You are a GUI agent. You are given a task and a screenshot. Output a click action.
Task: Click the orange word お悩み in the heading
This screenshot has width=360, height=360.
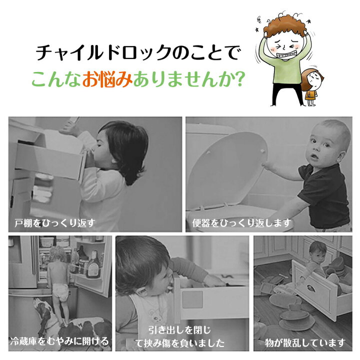[107, 79]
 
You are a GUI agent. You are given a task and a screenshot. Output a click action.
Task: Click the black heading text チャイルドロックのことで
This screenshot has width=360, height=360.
[138, 53]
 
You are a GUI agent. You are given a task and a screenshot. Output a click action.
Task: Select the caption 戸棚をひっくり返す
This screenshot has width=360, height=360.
[54, 222]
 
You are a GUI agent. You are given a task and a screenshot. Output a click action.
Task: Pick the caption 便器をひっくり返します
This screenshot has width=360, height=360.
[241, 222]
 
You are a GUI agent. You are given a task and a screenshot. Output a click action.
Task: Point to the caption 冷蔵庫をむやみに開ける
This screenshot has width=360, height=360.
[59, 341]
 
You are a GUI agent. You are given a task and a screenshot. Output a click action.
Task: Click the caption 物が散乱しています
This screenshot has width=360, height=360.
[305, 343]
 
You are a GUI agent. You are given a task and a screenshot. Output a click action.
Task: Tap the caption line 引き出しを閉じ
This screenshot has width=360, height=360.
[179, 330]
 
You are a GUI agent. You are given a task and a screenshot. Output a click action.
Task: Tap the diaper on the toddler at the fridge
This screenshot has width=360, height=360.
[60, 292]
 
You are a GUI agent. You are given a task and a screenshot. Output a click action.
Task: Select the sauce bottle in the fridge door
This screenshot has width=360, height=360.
[93, 264]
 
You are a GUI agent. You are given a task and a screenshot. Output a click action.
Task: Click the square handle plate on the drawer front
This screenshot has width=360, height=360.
[192, 299]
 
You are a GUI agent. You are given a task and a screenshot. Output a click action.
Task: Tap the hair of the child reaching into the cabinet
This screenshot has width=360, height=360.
[125, 147]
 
